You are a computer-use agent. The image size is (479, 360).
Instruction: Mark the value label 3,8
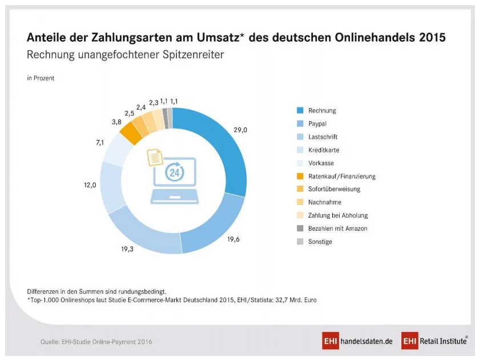(116, 122)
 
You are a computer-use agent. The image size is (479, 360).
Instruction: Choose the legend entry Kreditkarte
(324, 150)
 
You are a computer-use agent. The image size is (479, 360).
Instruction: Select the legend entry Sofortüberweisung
(334, 189)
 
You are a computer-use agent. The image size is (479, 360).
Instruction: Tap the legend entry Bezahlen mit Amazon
(337, 229)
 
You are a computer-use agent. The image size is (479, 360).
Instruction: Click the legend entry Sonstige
(320, 242)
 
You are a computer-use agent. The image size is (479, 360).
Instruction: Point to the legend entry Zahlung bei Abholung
(337, 215)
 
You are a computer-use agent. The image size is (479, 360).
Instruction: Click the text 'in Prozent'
(41, 78)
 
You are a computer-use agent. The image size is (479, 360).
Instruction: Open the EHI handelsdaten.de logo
(357, 342)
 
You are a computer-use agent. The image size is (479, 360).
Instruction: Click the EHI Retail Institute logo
(435, 342)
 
